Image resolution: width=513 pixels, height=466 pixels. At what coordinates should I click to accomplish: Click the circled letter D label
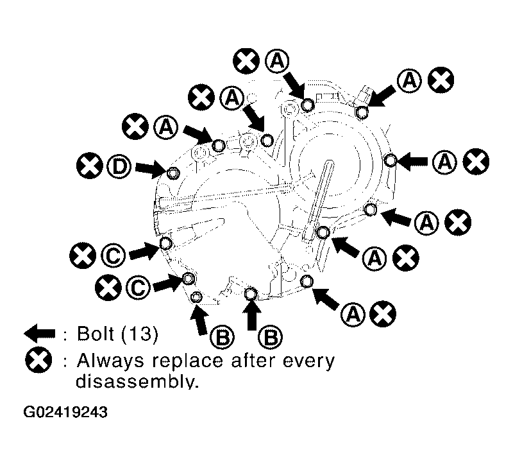coord(119,166)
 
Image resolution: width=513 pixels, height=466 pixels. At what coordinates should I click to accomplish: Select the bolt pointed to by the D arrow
coord(172,173)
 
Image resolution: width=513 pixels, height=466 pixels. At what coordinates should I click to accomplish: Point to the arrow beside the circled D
coord(151,169)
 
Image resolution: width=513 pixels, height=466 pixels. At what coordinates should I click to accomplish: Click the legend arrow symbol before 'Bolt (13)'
coord(40,334)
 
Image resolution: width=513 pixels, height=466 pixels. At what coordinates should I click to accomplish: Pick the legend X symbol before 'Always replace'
coord(38,361)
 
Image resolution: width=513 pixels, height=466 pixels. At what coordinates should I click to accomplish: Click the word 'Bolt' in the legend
coord(96,333)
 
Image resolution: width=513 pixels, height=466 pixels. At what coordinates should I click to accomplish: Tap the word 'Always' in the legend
coord(110,361)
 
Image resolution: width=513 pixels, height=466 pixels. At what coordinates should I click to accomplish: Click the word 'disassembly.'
coord(137,381)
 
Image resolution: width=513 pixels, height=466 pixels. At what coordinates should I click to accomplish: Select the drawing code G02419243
coord(65,412)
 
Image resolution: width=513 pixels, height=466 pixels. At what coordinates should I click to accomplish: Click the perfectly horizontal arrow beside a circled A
coord(412,162)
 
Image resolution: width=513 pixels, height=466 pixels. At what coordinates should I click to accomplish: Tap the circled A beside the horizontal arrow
coord(444,162)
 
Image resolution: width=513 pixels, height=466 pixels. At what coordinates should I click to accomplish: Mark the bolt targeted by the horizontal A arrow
coord(390,161)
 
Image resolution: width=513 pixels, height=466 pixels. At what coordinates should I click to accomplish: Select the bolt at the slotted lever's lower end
coord(323,232)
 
